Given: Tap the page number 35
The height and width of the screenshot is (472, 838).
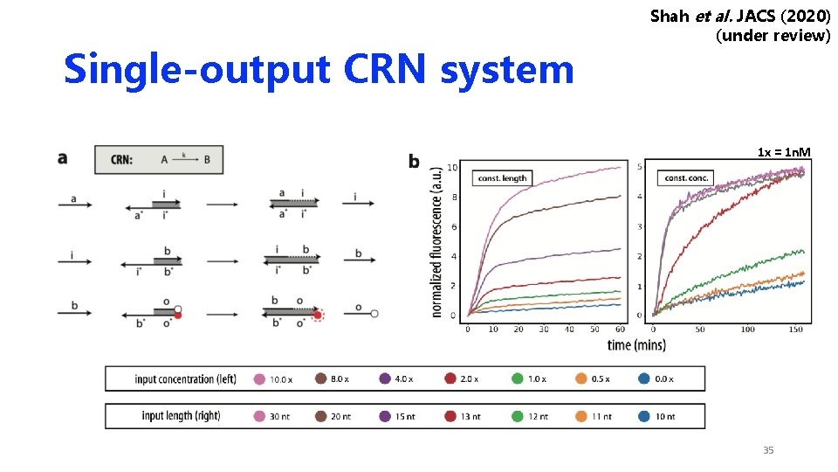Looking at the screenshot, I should pos(768,450).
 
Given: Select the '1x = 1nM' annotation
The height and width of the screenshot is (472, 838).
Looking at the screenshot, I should pos(784,153).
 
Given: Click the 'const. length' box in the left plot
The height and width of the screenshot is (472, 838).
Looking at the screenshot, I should pos(502,178).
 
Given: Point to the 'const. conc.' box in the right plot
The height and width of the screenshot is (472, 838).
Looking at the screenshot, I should pos(689,178).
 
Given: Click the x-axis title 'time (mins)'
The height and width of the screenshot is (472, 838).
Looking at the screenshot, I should pos(636,344).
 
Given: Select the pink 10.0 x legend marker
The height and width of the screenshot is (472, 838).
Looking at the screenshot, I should pos(259,379).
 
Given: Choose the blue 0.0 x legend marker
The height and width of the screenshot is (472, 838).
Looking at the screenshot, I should pos(643,379).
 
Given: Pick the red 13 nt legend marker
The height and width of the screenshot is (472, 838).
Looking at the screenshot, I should pos(450,416).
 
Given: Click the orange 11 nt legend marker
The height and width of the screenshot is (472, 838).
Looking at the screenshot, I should pos(580,416).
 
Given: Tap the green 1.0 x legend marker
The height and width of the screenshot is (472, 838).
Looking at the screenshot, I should pos(518,379).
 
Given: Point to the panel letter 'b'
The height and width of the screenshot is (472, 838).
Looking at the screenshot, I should pos(414,161).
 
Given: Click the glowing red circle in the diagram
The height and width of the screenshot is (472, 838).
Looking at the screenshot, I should pos(317,316).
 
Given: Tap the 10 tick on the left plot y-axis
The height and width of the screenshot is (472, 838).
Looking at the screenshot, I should pos(453,168).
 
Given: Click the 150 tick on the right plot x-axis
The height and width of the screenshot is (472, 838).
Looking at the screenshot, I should pos(796,330).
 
